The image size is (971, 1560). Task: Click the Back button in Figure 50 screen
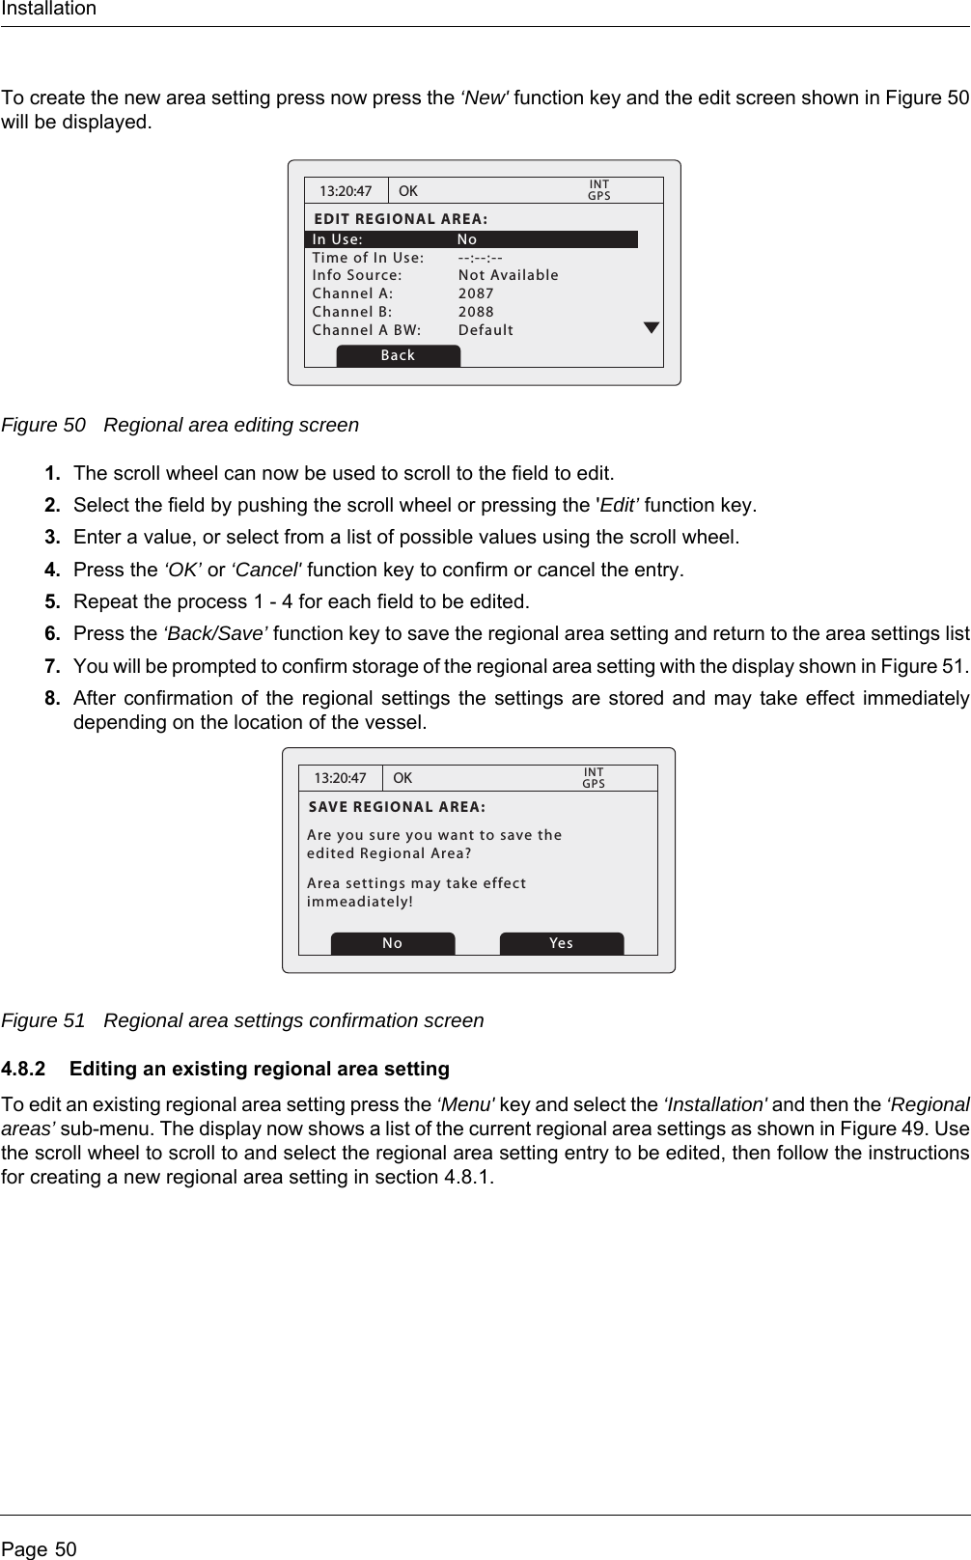pyautogui.click(x=398, y=355)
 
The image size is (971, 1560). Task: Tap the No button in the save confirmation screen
pyautogui.click(x=392, y=943)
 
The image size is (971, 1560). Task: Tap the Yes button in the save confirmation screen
pyautogui.click(x=561, y=943)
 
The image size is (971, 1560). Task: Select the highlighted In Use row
pyautogui.click(x=471, y=239)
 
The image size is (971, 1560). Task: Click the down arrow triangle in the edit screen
pyautogui.click(x=652, y=328)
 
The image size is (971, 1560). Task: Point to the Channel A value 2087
pyautogui.click(x=476, y=293)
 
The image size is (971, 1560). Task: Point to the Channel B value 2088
pyautogui.click(x=476, y=312)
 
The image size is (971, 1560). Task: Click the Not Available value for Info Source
pyautogui.click(x=508, y=275)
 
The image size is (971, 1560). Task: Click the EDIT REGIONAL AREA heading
pyautogui.click(x=401, y=219)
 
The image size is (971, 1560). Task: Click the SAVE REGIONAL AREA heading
pyautogui.click(x=397, y=807)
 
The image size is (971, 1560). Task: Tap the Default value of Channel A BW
pyautogui.click(x=485, y=330)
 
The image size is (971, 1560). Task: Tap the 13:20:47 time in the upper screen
pyautogui.click(x=346, y=191)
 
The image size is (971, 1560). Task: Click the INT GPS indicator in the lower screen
pyautogui.click(x=594, y=778)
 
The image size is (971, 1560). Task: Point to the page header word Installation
pyautogui.click(x=48, y=10)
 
